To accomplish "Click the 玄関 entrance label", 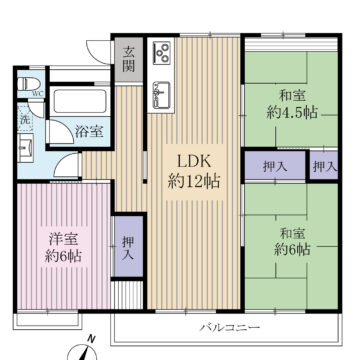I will [x=129, y=61].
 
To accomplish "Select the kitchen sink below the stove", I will [x=161, y=96].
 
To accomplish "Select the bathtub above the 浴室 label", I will [x=79, y=103].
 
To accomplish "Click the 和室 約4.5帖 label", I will [x=292, y=105].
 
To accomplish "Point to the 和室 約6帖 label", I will [x=292, y=242].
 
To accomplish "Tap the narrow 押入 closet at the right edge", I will [x=322, y=166].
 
